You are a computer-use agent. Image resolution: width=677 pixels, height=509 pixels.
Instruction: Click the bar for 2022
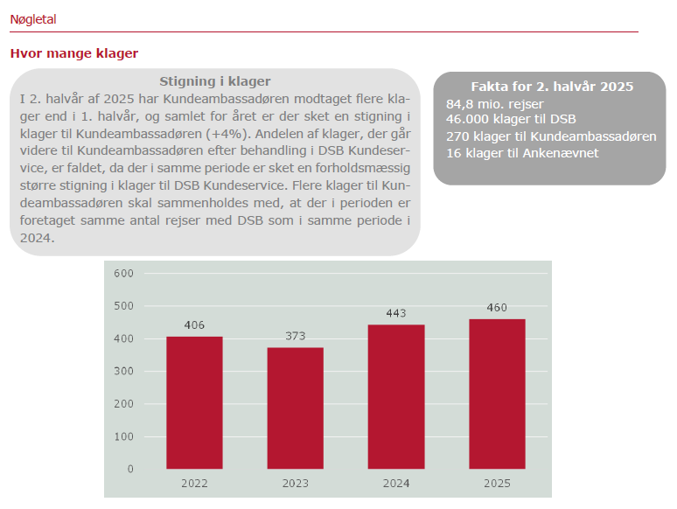(194, 403)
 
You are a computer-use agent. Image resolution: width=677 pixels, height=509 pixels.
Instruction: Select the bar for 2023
(295, 408)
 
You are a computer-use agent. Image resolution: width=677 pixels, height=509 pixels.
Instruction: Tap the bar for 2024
(396, 397)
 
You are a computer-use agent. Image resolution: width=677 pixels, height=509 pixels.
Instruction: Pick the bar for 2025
(497, 394)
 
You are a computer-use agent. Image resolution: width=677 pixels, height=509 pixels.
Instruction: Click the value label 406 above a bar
(194, 325)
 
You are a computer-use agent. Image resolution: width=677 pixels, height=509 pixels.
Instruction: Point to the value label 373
(295, 336)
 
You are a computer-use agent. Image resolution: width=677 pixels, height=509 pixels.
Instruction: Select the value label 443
(396, 313)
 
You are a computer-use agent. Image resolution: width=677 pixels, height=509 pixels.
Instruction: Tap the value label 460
(497, 307)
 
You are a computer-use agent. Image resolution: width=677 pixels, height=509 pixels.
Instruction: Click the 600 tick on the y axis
(124, 273)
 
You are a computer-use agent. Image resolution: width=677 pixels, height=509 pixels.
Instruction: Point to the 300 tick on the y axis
(124, 371)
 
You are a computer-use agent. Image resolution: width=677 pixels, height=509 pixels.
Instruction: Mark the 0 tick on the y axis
(130, 469)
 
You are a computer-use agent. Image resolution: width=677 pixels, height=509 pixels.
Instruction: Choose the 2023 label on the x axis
(295, 484)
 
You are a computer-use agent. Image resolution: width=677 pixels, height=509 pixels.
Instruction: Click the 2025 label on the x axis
(497, 484)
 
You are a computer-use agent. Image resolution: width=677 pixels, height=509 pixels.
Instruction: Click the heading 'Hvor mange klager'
(74, 53)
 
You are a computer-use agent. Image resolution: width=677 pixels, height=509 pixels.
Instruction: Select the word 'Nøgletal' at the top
(33, 18)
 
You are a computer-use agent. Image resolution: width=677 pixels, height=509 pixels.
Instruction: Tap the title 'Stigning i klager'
(215, 81)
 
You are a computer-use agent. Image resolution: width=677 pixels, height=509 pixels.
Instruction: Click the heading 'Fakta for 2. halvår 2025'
(552, 87)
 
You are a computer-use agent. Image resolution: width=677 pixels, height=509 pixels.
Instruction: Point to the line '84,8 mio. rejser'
(494, 104)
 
